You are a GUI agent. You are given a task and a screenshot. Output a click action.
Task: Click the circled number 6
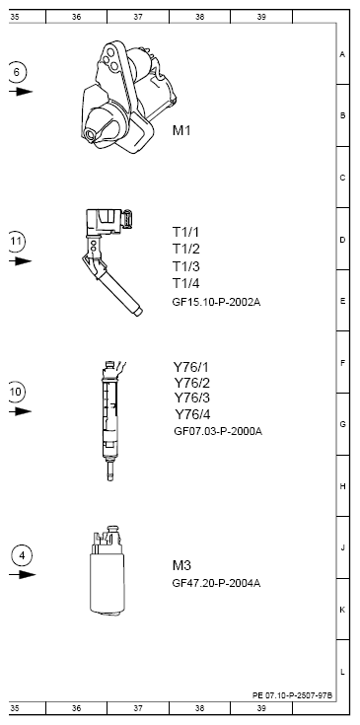tap(18, 71)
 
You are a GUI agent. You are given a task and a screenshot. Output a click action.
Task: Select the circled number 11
tap(18, 241)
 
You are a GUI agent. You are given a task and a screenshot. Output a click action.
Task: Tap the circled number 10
tap(18, 392)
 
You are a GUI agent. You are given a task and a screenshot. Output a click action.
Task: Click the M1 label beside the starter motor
tap(183, 130)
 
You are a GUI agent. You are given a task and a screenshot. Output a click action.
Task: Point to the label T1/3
tap(186, 266)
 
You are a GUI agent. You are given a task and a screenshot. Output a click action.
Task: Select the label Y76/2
tap(191, 383)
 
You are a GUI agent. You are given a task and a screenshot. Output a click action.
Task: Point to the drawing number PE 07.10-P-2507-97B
tap(293, 695)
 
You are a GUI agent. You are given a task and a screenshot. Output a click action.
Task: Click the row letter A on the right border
tap(341, 54)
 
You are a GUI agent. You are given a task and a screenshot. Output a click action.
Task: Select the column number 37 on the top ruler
tap(138, 17)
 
